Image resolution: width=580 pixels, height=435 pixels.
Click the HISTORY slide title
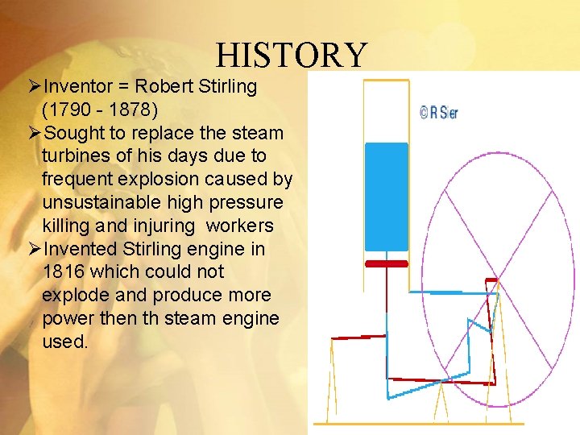click(291, 56)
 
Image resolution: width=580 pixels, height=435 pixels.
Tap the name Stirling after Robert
click(228, 86)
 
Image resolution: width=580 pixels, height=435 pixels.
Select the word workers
click(240, 225)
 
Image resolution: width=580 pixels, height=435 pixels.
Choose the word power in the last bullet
click(68, 318)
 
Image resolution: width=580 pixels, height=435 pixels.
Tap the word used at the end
click(63, 341)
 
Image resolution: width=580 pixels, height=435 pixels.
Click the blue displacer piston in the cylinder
click(386, 197)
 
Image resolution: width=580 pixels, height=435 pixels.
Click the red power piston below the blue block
click(386, 263)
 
